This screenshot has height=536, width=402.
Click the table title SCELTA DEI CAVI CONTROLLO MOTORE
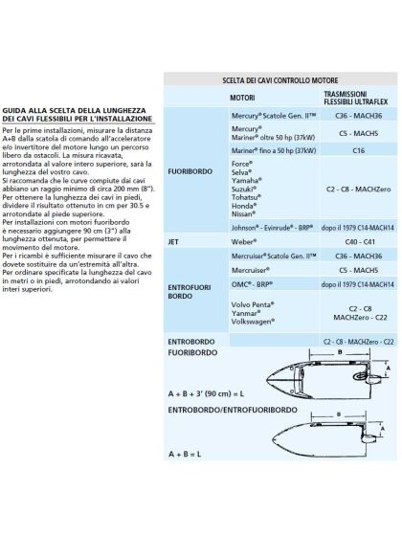(279, 82)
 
